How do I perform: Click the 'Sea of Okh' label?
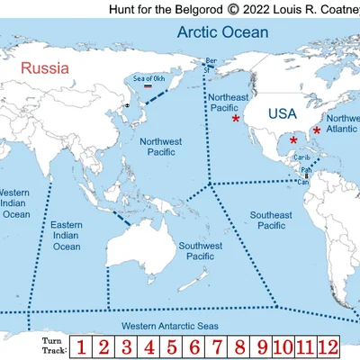[x=148, y=77]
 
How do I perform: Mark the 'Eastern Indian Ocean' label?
[x=67, y=235]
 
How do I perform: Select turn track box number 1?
[x=81, y=346]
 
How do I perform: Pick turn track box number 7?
[x=217, y=346]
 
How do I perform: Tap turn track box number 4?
[x=148, y=346]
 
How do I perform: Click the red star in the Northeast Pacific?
[x=236, y=119]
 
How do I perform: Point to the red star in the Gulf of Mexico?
[x=293, y=140]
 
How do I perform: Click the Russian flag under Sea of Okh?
[x=148, y=86]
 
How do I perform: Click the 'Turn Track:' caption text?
[x=54, y=346]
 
